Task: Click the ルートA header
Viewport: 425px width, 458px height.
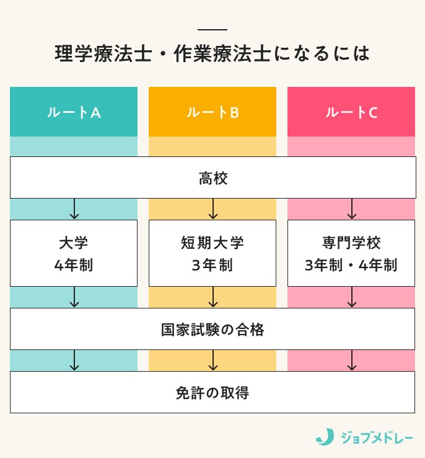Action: [x=74, y=112]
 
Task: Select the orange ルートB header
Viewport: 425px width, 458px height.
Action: [x=212, y=112]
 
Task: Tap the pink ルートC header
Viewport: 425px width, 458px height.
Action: [x=351, y=112]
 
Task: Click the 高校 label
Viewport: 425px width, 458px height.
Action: [x=212, y=179]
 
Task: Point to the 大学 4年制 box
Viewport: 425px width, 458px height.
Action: [x=74, y=253]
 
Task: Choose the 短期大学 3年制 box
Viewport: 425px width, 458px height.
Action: [x=212, y=253]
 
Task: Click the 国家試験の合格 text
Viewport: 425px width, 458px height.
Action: [x=212, y=330]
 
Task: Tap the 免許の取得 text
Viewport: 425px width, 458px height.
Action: [x=212, y=392]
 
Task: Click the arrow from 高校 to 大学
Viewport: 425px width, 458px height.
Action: [x=74, y=209]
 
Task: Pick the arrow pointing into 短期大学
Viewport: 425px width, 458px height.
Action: [x=213, y=209]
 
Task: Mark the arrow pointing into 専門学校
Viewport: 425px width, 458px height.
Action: [x=352, y=209]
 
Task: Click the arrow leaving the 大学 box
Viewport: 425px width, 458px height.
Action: [x=74, y=297]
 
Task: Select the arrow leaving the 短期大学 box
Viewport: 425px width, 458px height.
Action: [x=213, y=297]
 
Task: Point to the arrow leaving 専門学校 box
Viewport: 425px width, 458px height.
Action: [x=352, y=297]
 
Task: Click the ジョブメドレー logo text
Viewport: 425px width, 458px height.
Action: [x=377, y=437]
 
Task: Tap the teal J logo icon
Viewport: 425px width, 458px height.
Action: [x=324, y=436]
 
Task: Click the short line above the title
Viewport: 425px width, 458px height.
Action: [x=212, y=30]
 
